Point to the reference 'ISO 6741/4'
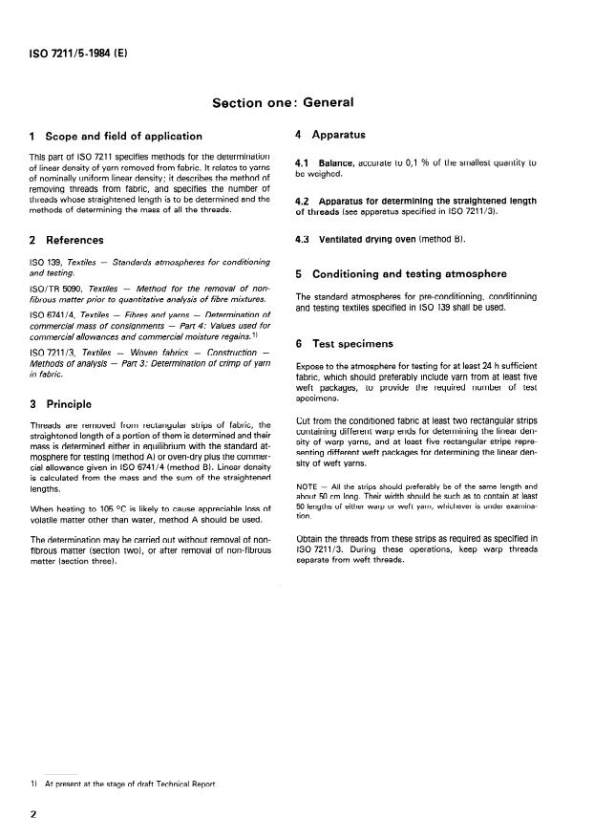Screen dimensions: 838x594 click(x=49, y=312)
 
